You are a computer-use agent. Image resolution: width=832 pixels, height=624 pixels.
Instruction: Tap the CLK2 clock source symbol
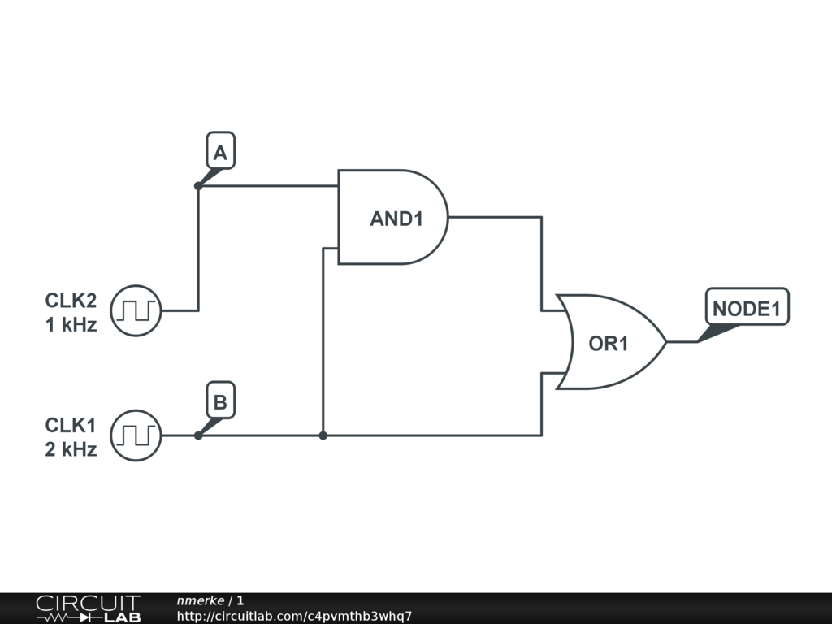136,310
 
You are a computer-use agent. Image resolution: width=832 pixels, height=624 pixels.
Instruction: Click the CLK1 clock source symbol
136,435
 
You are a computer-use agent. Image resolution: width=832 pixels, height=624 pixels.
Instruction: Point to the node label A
220,153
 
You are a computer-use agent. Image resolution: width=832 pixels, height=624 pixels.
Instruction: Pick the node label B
220,402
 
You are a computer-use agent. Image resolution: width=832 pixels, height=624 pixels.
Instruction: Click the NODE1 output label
747,309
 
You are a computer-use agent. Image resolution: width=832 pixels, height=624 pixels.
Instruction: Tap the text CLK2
71,301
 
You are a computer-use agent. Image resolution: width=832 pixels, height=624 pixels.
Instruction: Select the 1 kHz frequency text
71,325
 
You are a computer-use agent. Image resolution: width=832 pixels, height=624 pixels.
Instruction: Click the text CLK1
71,425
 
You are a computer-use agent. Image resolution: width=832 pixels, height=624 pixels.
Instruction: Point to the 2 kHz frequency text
71,449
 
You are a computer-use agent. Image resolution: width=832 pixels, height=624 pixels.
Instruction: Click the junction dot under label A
198,186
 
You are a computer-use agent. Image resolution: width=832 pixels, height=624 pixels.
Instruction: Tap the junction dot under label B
198,435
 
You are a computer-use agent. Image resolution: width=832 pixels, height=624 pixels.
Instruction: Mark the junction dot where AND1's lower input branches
323,435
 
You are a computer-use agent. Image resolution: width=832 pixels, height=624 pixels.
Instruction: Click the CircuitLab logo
88,609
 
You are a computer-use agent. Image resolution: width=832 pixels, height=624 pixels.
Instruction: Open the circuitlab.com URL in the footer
294,616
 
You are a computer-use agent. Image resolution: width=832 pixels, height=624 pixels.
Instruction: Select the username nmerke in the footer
200,600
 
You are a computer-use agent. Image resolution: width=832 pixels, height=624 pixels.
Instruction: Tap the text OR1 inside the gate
609,344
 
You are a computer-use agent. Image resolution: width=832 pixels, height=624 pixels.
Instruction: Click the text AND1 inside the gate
396,219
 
